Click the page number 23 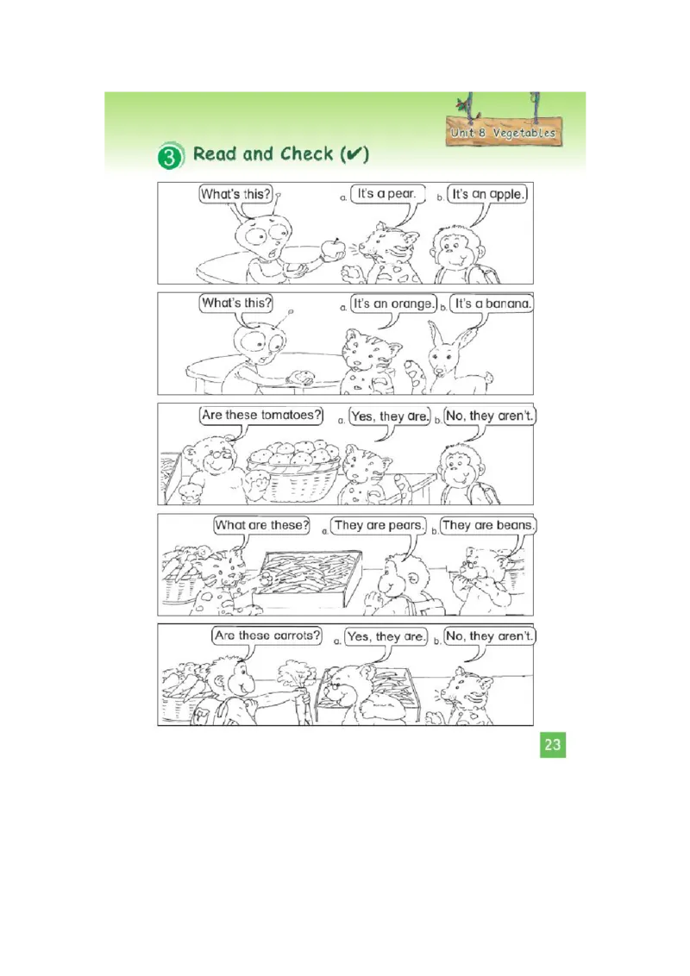click(x=553, y=745)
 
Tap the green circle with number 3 click(x=171, y=157)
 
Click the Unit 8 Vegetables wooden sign click(x=503, y=133)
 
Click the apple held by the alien click(x=332, y=248)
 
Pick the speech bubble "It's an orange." click(x=392, y=303)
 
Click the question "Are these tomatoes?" click(x=260, y=415)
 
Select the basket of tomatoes click(x=292, y=470)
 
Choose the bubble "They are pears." click(x=379, y=525)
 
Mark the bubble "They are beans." click(x=488, y=525)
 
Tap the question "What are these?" click(x=262, y=525)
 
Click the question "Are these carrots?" click(x=267, y=636)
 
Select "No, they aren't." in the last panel click(x=491, y=636)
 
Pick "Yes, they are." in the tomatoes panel click(x=390, y=416)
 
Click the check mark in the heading click(x=354, y=154)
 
